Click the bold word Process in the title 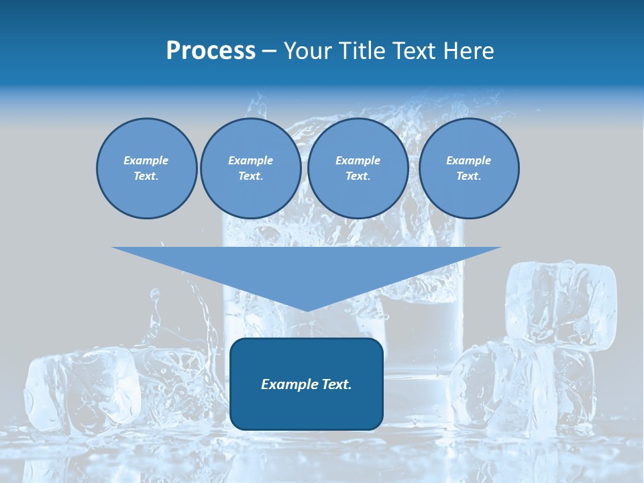(211, 51)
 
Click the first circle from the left (146, 168)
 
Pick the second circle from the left (250, 168)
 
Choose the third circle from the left (358, 168)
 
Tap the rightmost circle (468, 168)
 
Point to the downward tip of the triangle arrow (307, 309)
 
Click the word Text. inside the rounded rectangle (338, 384)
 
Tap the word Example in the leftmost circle (146, 160)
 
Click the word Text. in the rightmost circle (468, 176)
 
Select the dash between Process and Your (270, 51)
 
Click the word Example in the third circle (358, 160)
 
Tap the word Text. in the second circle (250, 176)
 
